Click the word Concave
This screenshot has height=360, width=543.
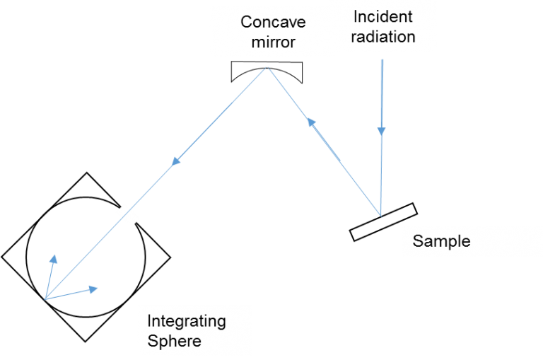[x=273, y=22]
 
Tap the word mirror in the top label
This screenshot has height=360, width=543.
[x=273, y=42]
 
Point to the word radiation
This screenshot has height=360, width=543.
[x=383, y=36]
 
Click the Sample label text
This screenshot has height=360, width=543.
[x=441, y=241]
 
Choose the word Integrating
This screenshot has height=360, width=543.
[x=187, y=322]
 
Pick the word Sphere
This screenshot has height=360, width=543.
[x=174, y=341]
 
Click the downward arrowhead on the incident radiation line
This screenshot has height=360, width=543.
[x=382, y=132]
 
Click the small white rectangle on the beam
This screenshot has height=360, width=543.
[x=128, y=215]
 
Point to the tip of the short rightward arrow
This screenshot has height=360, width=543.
[x=98, y=288]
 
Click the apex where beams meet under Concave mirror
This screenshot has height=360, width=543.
[x=267, y=67]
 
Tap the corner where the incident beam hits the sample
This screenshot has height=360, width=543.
[x=381, y=216]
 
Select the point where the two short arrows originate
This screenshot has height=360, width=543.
[x=45, y=298]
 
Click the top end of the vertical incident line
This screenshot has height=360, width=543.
[x=382, y=59]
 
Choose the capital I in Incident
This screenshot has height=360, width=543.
[x=354, y=16]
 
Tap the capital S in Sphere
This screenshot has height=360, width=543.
[x=152, y=341]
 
